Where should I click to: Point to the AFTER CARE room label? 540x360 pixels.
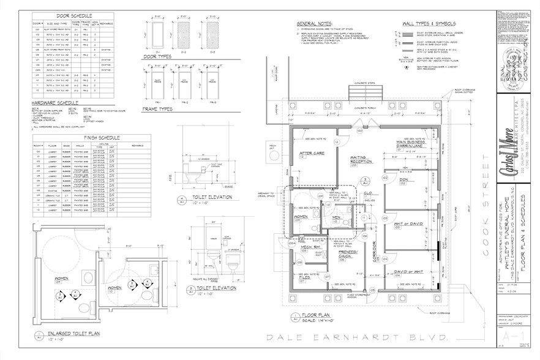pos(310,154)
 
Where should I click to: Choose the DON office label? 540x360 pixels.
pos(403,180)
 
